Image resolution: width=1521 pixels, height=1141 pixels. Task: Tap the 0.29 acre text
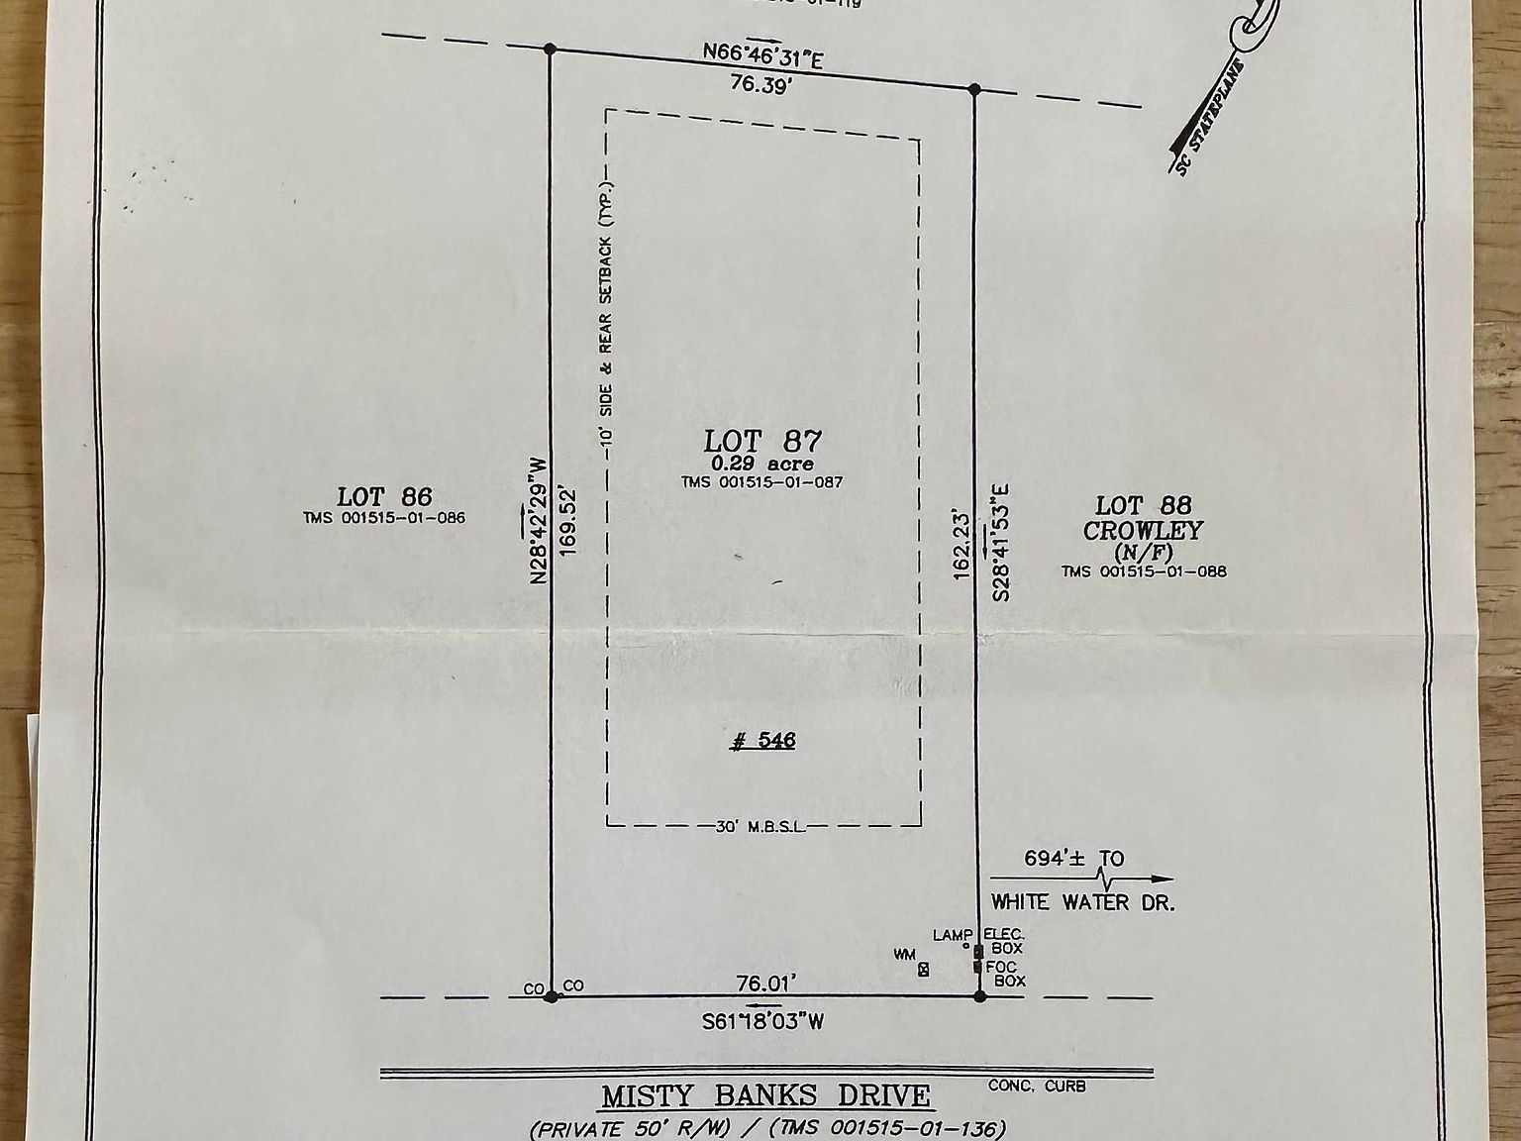pyautogui.click(x=761, y=464)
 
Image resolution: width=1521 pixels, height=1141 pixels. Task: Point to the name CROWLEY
pyautogui.click(x=1143, y=531)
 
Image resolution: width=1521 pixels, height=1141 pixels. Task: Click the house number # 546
pyautogui.click(x=762, y=740)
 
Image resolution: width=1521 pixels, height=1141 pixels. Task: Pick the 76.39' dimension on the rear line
pyautogui.click(x=762, y=84)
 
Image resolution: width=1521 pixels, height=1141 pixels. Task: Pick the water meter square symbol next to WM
pyautogui.click(x=924, y=970)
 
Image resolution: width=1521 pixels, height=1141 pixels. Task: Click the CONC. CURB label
pyautogui.click(x=1037, y=1087)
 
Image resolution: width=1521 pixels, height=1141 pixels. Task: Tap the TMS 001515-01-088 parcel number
pyautogui.click(x=1144, y=570)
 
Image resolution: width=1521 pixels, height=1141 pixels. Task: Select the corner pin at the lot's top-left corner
pyautogui.click(x=551, y=48)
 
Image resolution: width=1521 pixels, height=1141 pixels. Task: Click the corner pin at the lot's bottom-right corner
pyautogui.click(x=980, y=996)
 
